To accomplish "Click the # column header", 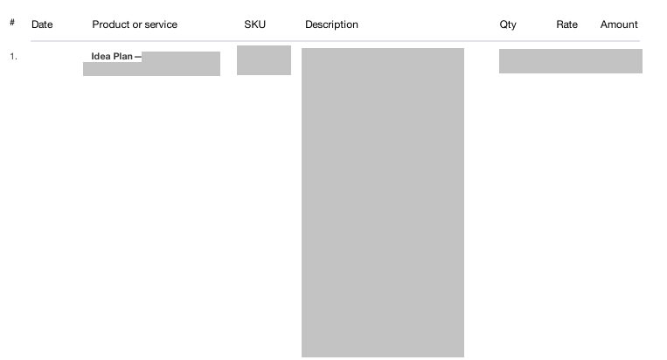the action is [12, 23].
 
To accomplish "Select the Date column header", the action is [42, 24].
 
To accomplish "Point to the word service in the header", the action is [160, 24].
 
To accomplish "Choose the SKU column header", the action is [254, 24].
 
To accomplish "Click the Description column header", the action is [332, 24].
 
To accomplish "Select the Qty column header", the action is [508, 25].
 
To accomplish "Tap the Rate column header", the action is [567, 24].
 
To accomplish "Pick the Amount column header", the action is [619, 24].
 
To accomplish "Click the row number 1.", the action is [14, 57].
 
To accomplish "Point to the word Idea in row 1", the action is [101, 57].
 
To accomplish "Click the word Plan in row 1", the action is [123, 57].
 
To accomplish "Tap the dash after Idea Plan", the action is [138, 57].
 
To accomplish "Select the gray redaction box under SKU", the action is [264, 60].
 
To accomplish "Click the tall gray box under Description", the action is [383, 203].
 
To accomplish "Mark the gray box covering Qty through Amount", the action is [571, 61].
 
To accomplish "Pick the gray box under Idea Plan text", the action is [151, 68].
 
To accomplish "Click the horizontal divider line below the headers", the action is [335, 41].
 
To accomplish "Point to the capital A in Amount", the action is [604, 24].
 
